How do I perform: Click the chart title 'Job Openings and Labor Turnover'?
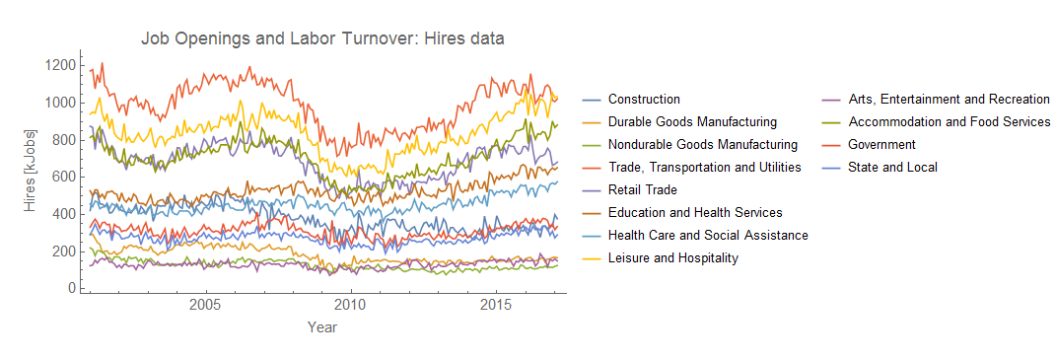pos(322,39)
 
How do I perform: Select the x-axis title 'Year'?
pos(322,325)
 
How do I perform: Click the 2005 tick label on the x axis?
pos(206,304)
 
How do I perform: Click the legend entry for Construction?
pos(644,100)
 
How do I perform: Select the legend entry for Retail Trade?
pos(642,190)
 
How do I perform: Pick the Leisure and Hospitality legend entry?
pos(672,258)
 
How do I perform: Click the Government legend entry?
pos(881,145)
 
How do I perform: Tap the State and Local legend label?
pos(892,168)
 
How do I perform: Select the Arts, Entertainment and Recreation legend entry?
pos(949,100)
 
